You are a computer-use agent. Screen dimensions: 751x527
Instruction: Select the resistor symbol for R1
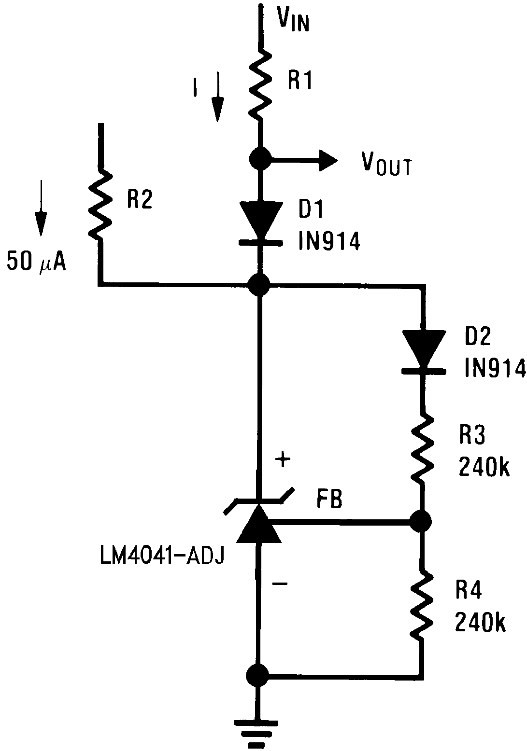(x=261, y=82)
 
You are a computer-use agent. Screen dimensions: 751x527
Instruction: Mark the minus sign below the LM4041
(x=279, y=584)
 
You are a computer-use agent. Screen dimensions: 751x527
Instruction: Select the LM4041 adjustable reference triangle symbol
(x=259, y=521)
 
